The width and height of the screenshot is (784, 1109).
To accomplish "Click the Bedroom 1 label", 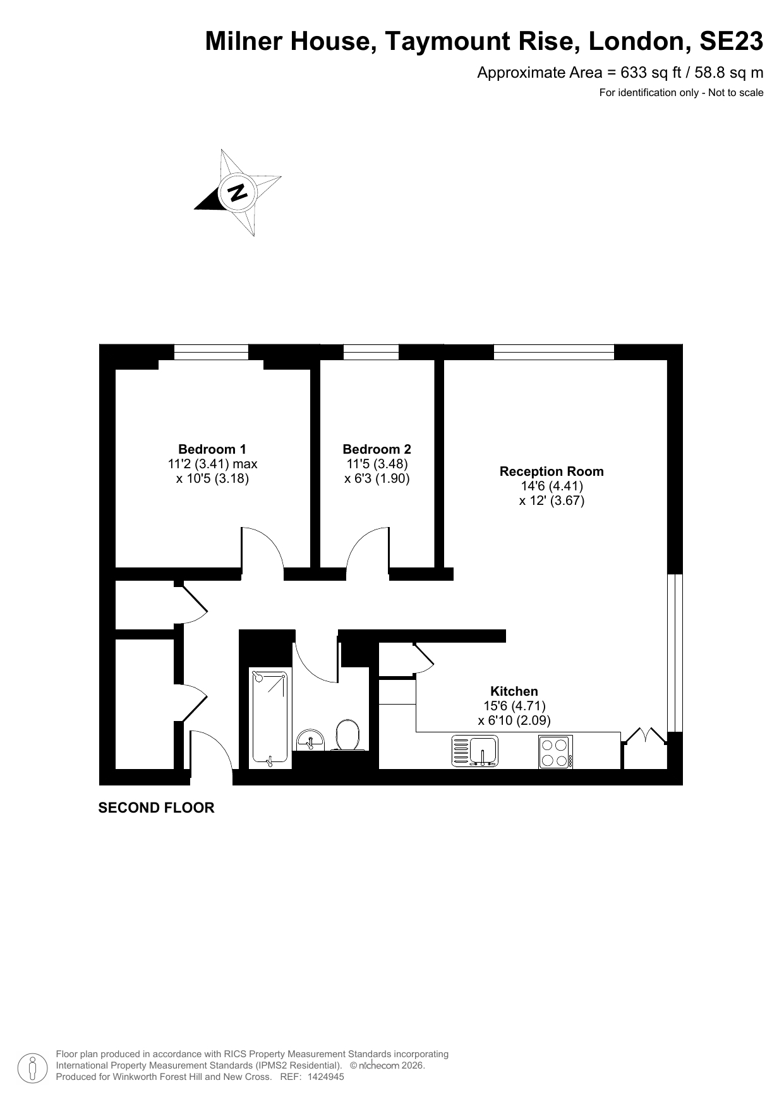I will point(212,449).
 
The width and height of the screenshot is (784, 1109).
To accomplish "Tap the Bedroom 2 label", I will point(377,449).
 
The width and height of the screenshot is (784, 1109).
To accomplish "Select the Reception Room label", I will point(552,471).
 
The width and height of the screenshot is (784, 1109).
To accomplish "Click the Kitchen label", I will point(514,691).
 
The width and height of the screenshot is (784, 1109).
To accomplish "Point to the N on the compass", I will point(238,191).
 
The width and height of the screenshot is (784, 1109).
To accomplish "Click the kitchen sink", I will point(475,751).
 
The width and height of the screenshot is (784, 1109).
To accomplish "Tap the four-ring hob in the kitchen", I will point(555,752).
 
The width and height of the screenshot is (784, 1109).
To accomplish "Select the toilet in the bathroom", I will point(347,736).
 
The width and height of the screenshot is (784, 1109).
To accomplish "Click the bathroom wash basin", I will point(310,740).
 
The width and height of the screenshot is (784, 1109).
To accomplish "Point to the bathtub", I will point(270,718).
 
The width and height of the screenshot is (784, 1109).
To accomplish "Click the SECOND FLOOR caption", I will point(156,808).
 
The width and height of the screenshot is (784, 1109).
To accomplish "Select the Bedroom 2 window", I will point(371,352).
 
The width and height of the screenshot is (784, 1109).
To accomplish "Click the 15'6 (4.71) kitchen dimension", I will point(514,706).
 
